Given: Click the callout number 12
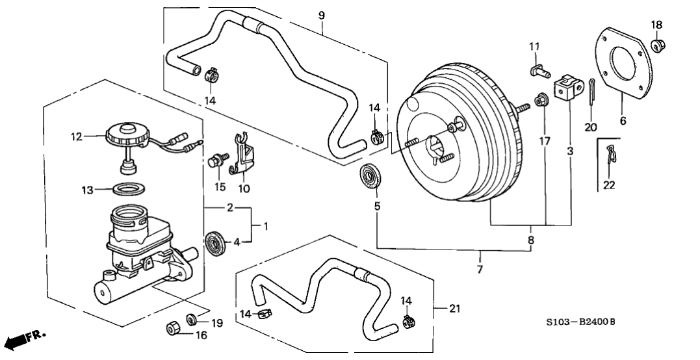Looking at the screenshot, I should (x=77, y=137).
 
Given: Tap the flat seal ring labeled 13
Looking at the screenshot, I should (x=129, y=189).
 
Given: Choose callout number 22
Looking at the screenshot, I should (x=608, y=185).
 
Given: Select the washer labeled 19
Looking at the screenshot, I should (x=192, y=320).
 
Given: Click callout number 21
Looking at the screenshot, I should (x=454, y=309).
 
